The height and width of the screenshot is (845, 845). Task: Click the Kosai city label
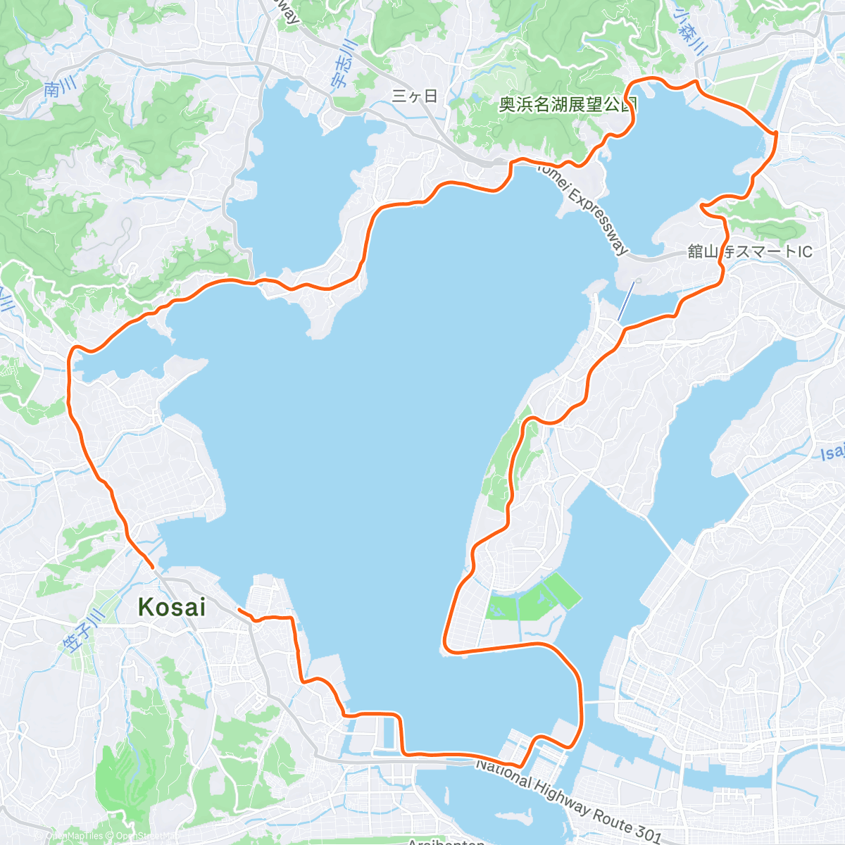(172, 606)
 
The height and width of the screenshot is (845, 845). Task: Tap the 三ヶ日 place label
(415, 96)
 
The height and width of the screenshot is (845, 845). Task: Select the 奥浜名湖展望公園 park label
(568, 105)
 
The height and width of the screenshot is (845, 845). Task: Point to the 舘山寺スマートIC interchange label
(750, 251)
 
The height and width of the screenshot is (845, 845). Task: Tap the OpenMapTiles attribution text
(73, 836)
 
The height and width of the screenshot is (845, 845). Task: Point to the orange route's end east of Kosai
(240, 609)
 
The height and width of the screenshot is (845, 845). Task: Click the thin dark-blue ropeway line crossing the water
(626, 303)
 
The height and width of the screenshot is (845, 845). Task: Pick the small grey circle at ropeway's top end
(637, 281)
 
